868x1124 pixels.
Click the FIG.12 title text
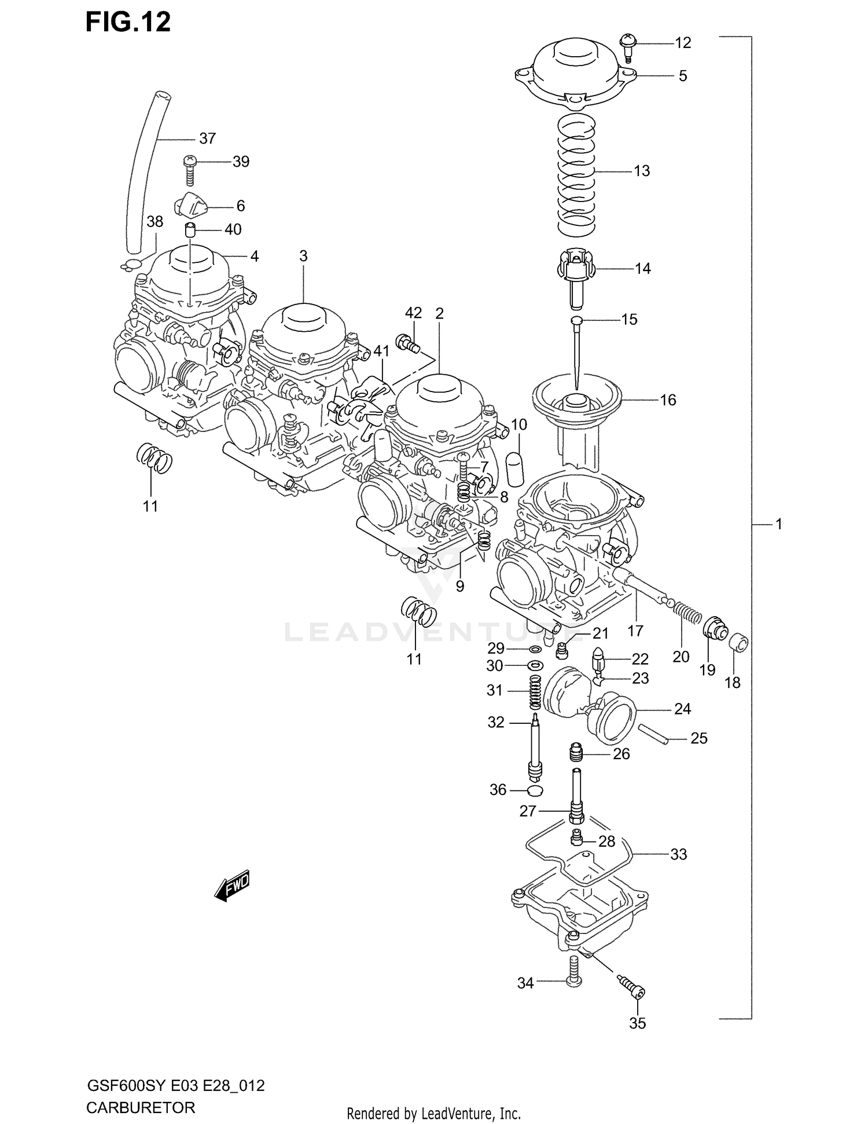point(128,22)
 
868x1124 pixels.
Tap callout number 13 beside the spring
point(642,171)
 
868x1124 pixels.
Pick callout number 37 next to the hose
point(207,138)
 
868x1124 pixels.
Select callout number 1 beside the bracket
point(778,524)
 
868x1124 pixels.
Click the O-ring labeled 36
point(535,791)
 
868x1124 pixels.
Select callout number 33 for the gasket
point(678,854)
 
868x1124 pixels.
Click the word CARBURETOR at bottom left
point(141,1108)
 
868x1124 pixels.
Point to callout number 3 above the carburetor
point(303,256)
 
